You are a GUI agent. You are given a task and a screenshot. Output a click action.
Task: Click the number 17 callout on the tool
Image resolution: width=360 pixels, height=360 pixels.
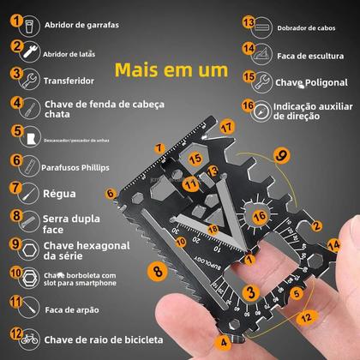[x=226, y=126]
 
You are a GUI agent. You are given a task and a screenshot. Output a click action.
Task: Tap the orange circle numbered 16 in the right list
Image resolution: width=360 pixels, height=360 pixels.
[x=248, y=107]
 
